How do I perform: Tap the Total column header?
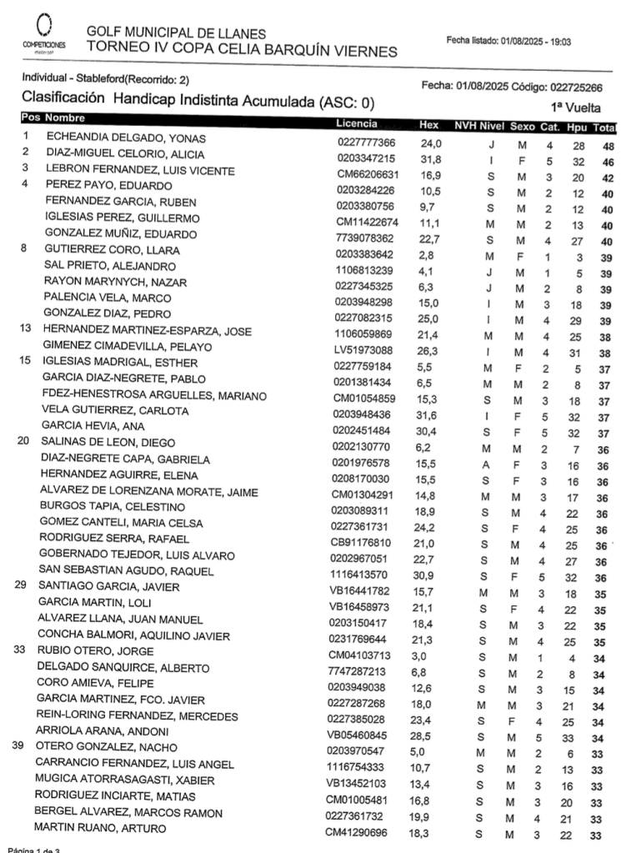tap(604, 128)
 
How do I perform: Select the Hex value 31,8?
tap(430, 159)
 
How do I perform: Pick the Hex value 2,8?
tap(428, 253)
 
